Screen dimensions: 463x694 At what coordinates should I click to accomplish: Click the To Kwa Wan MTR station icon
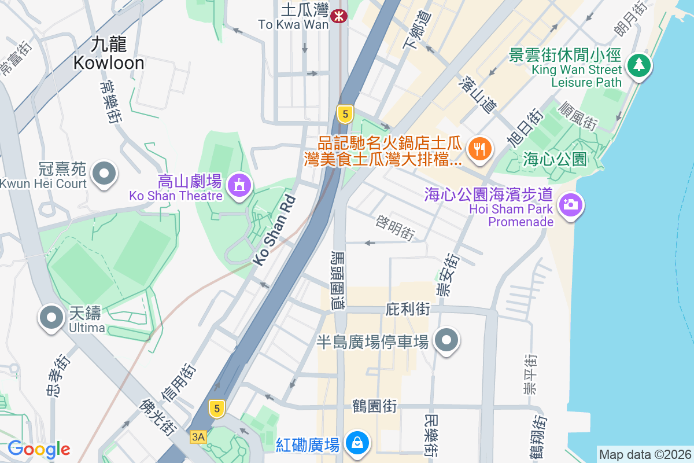click(x=338, y=17)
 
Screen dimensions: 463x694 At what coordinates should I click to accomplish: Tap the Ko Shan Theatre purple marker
click(x=238, y=186)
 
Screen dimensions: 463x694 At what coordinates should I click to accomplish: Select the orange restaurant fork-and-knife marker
click(x=479, y=149)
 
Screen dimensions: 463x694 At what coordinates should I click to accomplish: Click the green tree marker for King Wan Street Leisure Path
click(x=638, y=65)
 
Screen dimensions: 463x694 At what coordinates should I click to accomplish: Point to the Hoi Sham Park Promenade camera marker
click(x=571, y=204)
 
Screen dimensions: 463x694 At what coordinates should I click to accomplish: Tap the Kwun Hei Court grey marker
click(x=105, y=173)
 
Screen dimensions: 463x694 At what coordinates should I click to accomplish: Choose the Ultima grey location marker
click(x=51, y=317)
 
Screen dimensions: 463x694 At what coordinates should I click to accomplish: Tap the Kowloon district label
click(x=109, y=53)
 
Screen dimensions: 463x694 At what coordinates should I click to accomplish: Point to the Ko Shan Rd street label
click(x=275, y=230)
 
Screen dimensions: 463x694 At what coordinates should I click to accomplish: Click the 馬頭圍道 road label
click(x=337, y=279)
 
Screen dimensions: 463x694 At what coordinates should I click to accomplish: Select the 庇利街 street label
click(x=408, y=310)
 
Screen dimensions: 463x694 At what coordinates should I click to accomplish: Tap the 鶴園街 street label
click(x=374, y=406)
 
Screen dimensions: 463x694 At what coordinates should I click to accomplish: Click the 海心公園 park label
click(x=555, y=159)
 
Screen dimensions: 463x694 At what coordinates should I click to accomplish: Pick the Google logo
click(x=39, y=449)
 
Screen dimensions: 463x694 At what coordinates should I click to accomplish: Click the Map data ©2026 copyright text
click(x=644, y=455)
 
